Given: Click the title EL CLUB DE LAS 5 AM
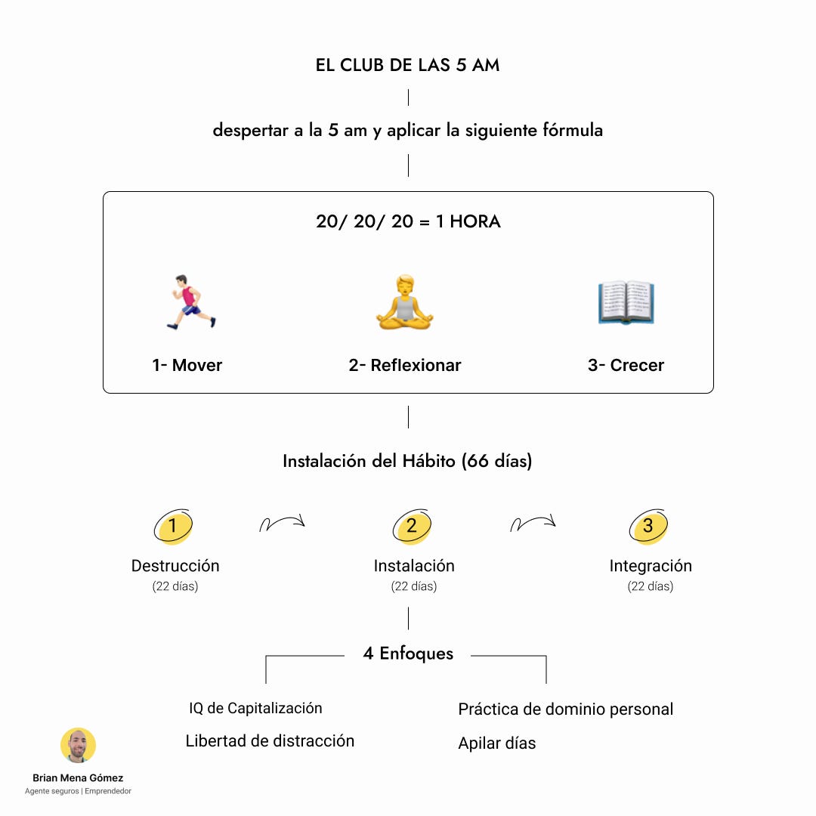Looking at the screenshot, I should click(407, 65).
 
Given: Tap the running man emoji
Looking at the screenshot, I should click(191, 302).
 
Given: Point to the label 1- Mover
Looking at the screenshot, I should click(187, 366).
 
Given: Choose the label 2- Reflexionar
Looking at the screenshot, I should click(405, 366).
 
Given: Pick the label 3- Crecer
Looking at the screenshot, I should click(626, 366).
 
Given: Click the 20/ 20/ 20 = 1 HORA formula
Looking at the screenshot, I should click(408, 222).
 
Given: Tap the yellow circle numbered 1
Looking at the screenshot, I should click(173, 526).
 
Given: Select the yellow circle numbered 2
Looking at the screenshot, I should click(412, 526).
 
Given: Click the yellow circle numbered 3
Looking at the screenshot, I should click(648, 526).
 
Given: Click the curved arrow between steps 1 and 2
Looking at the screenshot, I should click(282, 522).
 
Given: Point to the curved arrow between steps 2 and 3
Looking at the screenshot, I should click(533, 522).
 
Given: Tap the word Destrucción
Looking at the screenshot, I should click(175, 566).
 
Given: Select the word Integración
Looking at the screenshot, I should click(651, 566).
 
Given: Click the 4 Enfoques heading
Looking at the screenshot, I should click(408, 654).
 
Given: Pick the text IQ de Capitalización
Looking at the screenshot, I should click(255, 709).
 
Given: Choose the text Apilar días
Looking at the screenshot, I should click(496, 743).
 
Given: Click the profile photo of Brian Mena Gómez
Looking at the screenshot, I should click(78, 746).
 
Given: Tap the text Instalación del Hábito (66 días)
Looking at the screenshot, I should click(407, 461).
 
